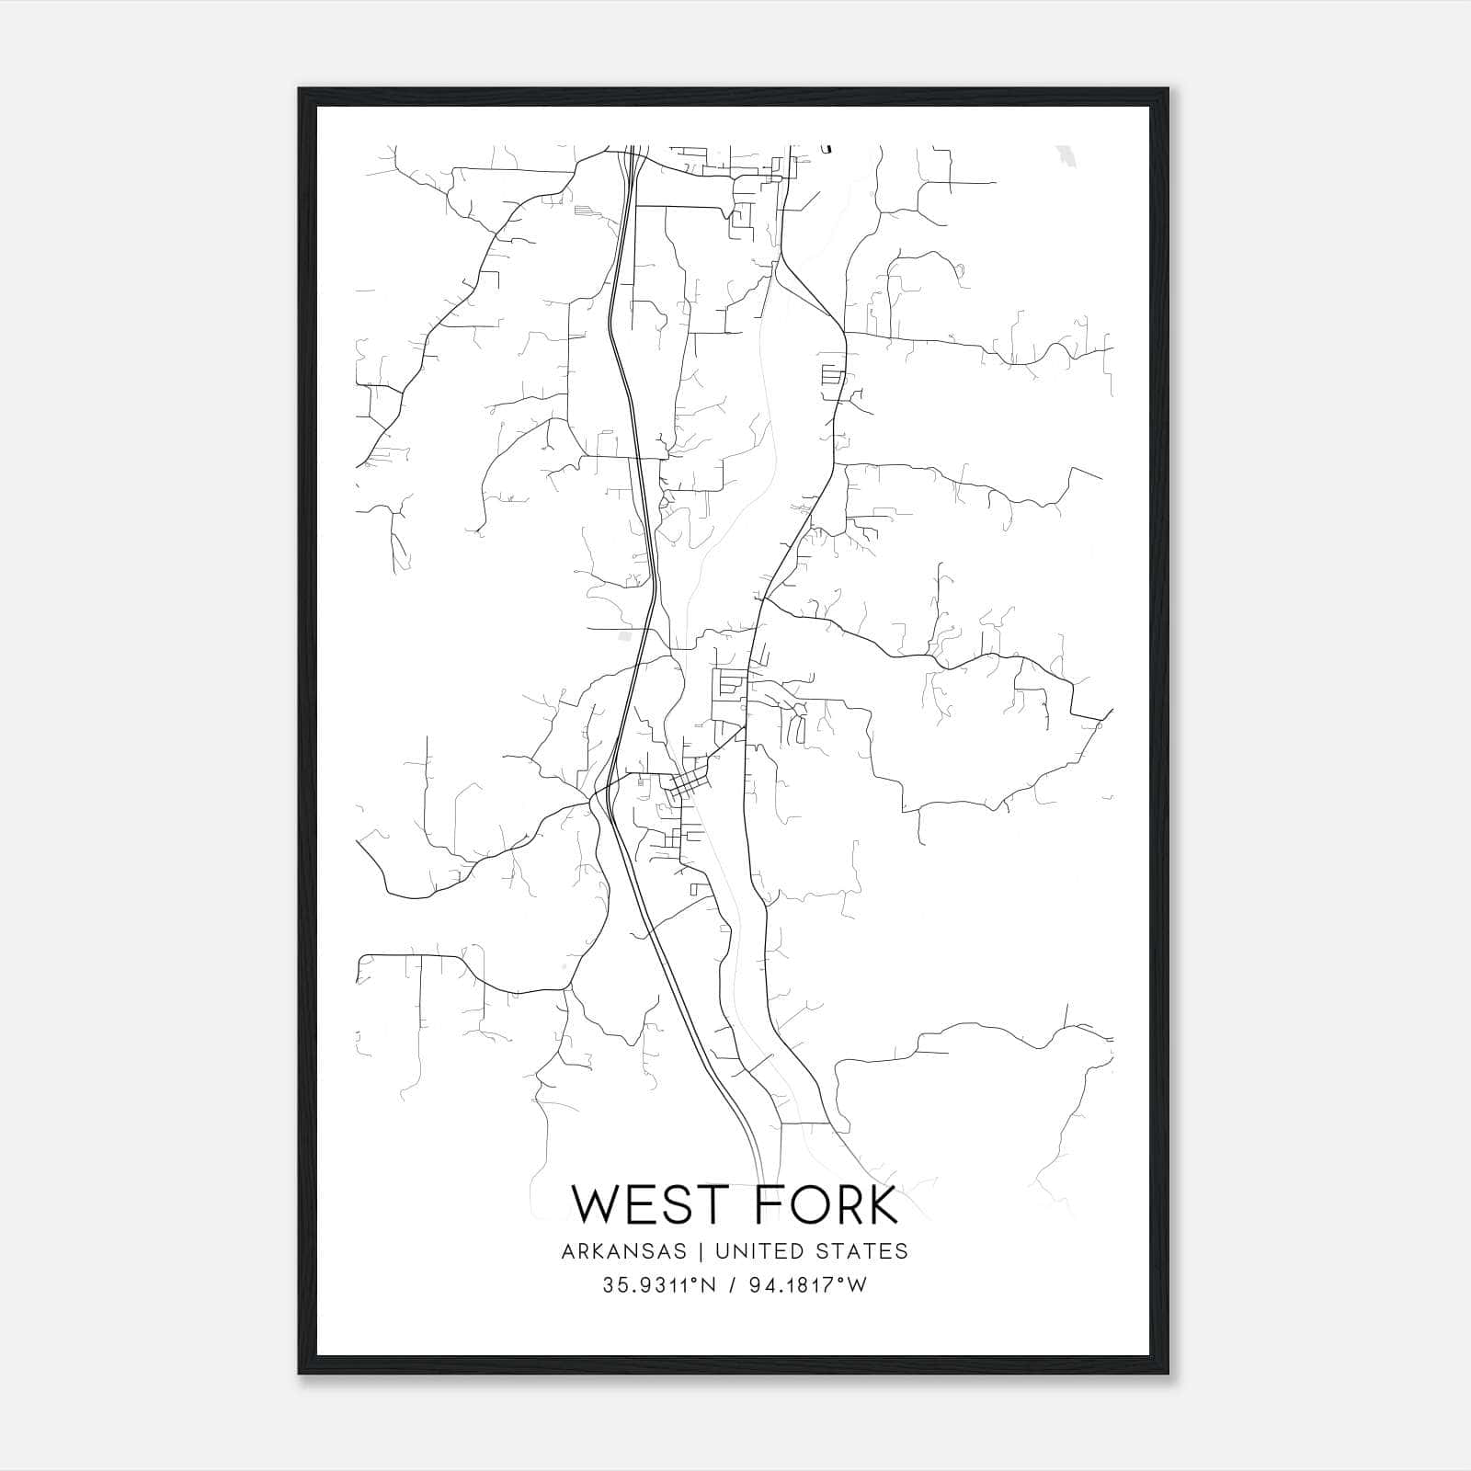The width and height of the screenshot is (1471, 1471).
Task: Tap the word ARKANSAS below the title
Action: [622, 1251]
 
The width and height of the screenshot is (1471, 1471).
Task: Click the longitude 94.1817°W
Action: [804, 1285]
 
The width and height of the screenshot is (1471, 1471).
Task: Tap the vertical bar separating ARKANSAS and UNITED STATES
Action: [700, 1251]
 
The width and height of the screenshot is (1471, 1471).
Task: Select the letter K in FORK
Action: [881, 1205]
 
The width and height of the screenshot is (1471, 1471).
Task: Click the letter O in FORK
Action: [799, 1205]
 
